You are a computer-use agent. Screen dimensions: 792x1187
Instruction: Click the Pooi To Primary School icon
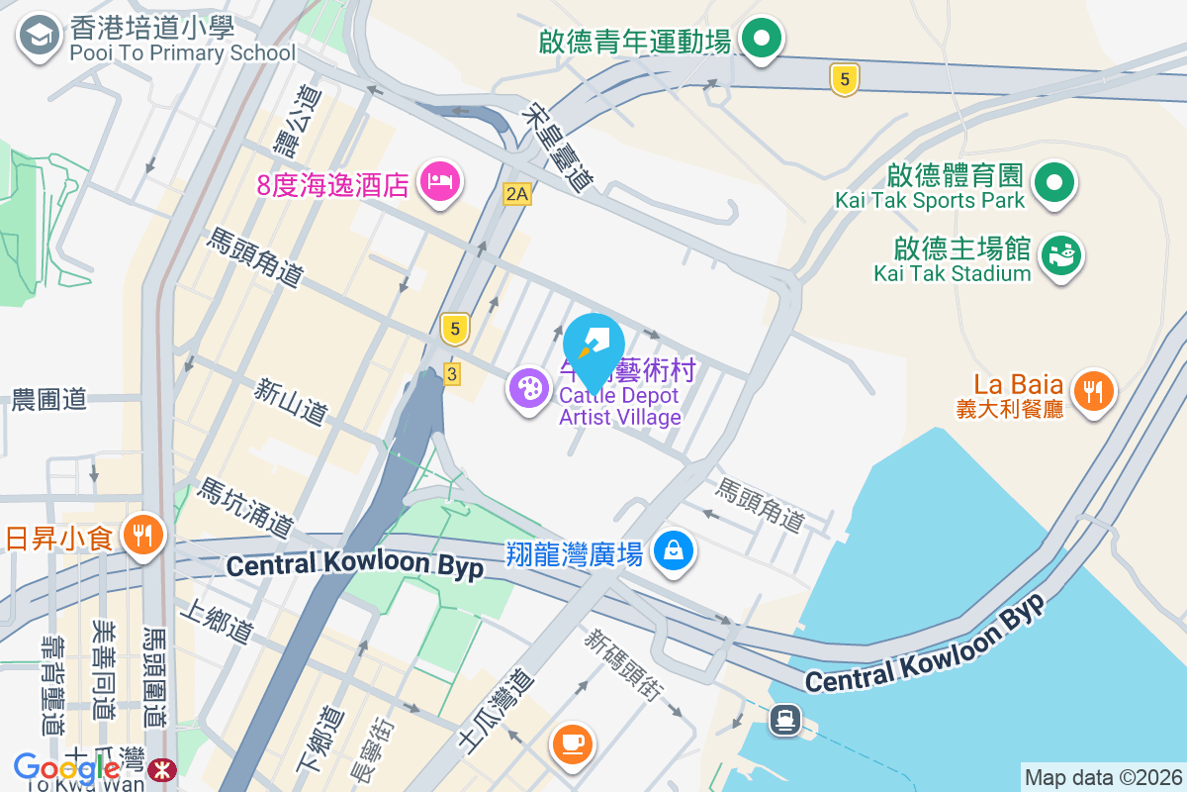pos(39,37)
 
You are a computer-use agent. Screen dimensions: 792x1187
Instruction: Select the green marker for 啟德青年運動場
pos(762,41)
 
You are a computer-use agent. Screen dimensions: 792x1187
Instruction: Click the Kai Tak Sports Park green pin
pos(1054,182)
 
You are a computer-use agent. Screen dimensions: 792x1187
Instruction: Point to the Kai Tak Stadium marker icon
pos(1062,255)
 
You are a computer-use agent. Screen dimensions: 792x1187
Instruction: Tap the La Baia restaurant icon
pos(1093,389)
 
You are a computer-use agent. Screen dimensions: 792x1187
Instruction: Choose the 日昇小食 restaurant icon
pos(144,536)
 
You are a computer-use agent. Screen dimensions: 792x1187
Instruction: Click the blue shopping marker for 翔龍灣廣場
pos(674,549)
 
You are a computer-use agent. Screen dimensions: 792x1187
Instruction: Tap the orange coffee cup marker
pos(572,741)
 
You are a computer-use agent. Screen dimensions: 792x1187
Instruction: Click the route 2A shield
pos(516,194)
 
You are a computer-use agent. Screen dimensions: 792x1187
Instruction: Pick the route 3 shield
pos(452,373)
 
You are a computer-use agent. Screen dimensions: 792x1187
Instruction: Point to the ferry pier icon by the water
pos(786,719)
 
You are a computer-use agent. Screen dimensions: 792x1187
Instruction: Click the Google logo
pos(66,767)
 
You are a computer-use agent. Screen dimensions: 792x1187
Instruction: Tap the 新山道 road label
pos(290,401)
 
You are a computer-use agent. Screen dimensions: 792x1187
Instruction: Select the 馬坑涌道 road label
pos(246,506)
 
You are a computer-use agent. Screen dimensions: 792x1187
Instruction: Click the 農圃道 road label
pos(49,400)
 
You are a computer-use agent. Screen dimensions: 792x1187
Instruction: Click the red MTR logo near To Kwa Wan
pos(161,768)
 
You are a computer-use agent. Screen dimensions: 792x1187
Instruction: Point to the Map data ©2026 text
pos(1102,777)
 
